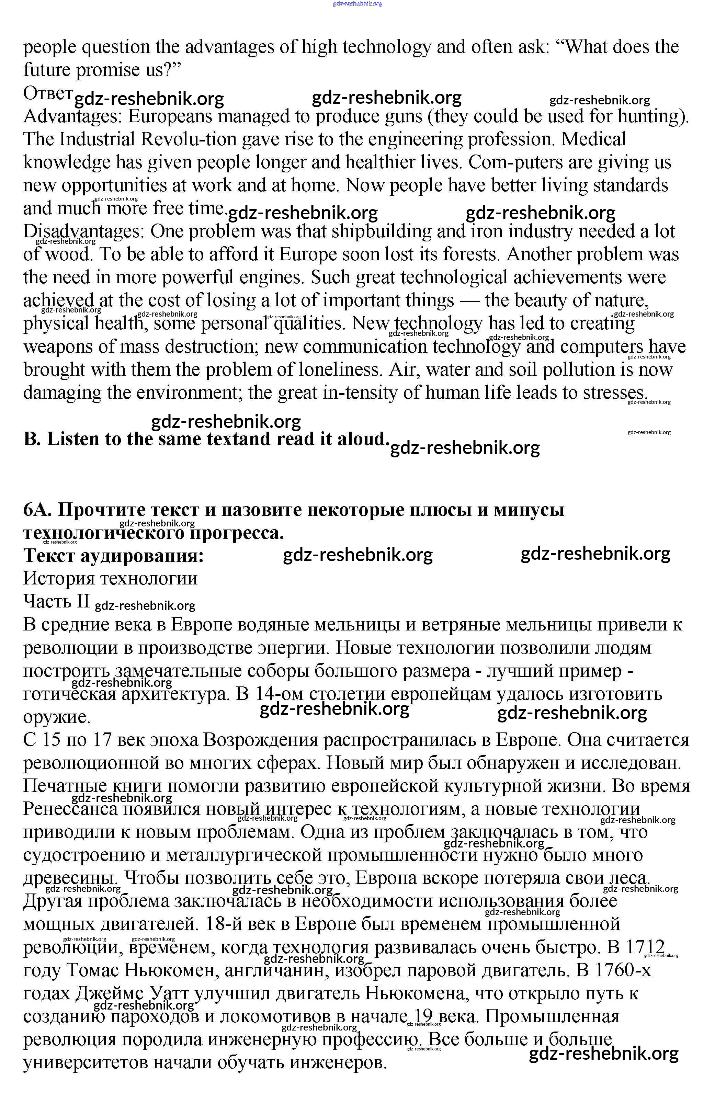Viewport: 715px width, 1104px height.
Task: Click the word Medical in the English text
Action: pyautogui.click(x=594, y=139)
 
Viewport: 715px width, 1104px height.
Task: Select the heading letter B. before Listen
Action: pyautogui.click(x=33, y=439)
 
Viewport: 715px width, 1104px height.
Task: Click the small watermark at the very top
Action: pyautogui.click(x=357, y=4)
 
